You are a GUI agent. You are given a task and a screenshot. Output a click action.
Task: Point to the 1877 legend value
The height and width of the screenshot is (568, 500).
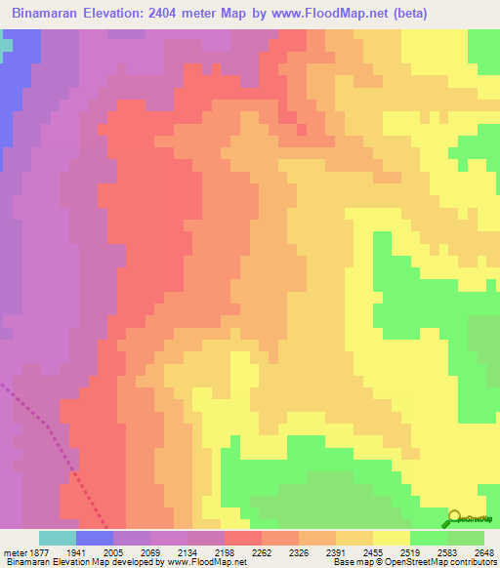[34, 552]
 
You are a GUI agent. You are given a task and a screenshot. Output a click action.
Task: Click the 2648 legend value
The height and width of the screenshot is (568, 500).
[483, 552]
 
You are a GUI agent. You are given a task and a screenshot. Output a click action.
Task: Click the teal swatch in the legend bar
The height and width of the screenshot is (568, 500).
[58, 538]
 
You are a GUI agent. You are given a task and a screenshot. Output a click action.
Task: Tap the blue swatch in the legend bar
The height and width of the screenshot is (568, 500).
[95, 538]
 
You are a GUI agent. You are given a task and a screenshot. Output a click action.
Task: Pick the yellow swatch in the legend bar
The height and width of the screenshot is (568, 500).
[392, 538]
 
